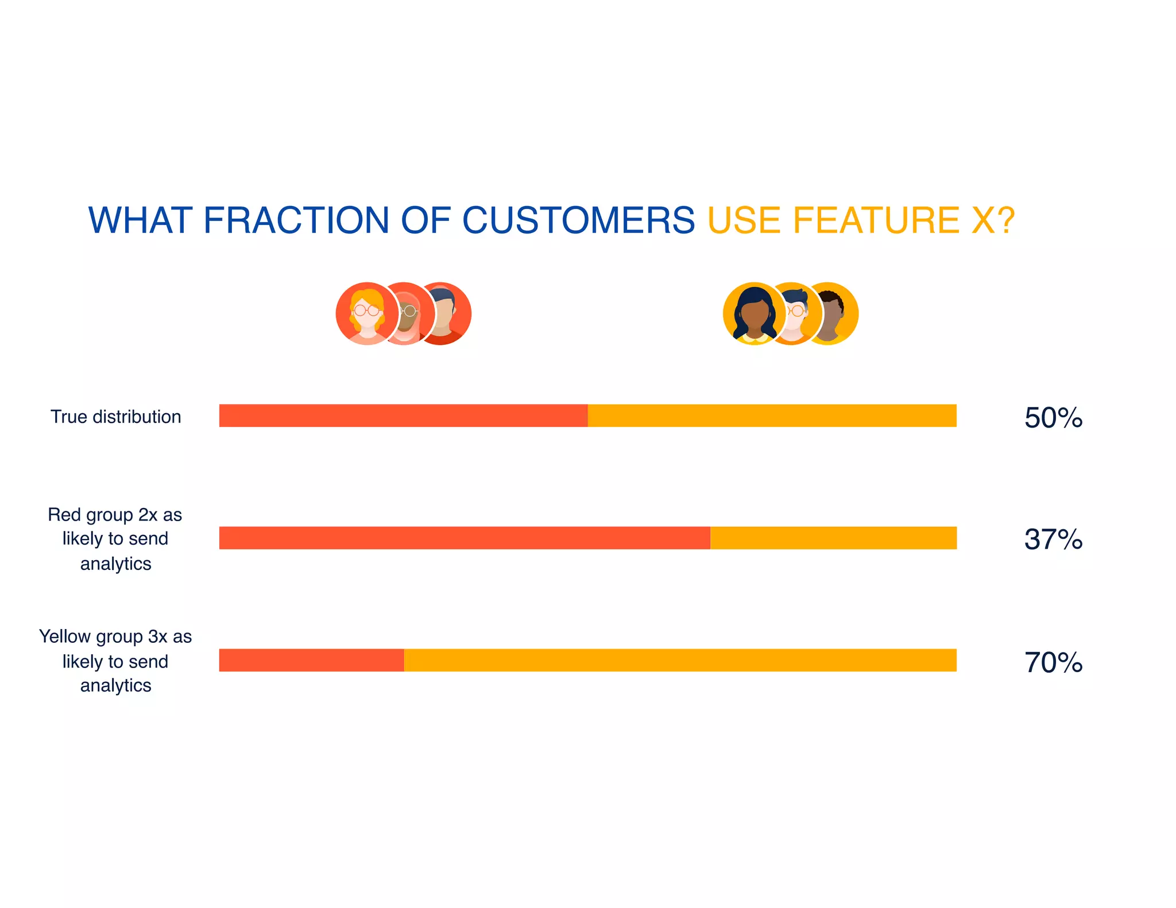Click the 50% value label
1053,417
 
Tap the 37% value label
1053,540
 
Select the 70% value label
1053,662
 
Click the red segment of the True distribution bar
403,416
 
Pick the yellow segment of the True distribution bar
772,416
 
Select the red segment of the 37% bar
464,538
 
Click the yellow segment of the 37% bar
833,538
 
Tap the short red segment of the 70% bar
311,660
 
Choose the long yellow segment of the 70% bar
680,660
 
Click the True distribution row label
115,417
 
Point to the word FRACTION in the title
296,220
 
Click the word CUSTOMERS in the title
578,220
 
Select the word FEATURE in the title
876,220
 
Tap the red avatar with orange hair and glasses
366,313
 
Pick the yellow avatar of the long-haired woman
753,313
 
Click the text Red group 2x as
115,514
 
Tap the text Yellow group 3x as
115,637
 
